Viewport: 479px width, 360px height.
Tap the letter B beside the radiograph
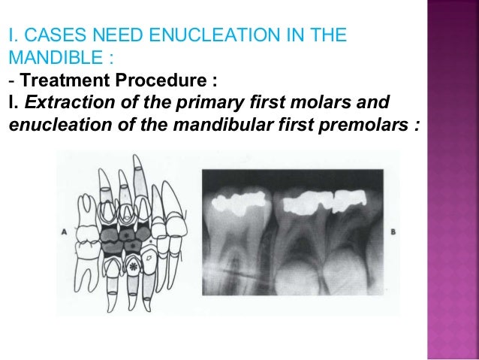pyautogui.click(x=393, y=233)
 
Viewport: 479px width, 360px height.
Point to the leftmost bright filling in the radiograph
pyautogui.click(x=239, y=203)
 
